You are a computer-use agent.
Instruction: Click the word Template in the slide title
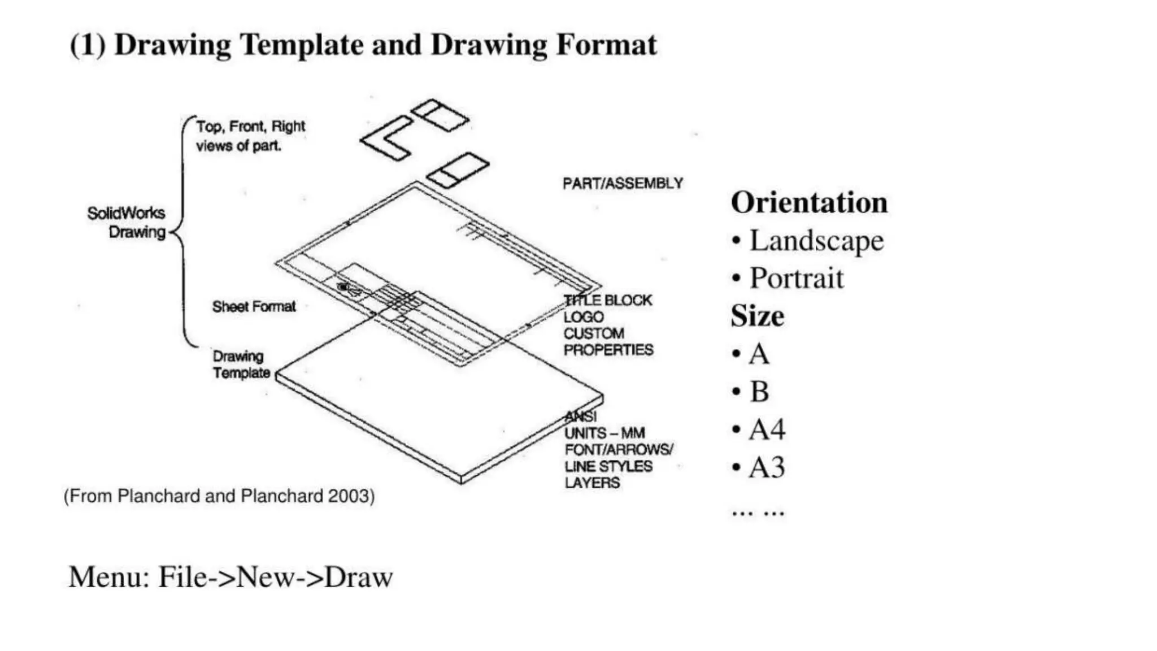pyautogui.click(x=301, y=45)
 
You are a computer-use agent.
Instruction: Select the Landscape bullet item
pyautogui.click(x=816, y=241)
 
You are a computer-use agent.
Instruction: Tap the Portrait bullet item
pyautogui.click(x=796, y=279)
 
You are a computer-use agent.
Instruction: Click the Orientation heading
pyautogui.click(x=809, y=203)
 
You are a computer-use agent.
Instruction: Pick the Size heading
pyautogui.click(x=757, y=316)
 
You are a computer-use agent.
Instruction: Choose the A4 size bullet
pyautogui.click(x=767, y=430)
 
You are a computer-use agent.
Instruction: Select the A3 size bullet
pyautogui.click(x=767, y=468)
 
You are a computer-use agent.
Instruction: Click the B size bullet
pyautogui.click(x=759, y=392)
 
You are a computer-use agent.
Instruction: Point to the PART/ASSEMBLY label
pyautogui.click(x=623, y=184)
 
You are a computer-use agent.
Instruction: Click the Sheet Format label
pyautogui.click(x=254, y=307)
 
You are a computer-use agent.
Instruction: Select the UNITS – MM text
pyautogui.click(x=604, y=433)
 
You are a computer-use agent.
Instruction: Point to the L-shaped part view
pyautogui.click(x=387, y=138)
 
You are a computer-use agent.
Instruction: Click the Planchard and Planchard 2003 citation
pyautogui.click(x=219, y=496)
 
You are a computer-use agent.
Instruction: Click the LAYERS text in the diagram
pyautogui.click(x=592, y=483)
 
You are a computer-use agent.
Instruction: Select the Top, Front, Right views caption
pyautogui.click(x=250, y=136)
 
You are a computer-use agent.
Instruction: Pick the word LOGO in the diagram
pyautogui.click(x=584, y=317)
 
